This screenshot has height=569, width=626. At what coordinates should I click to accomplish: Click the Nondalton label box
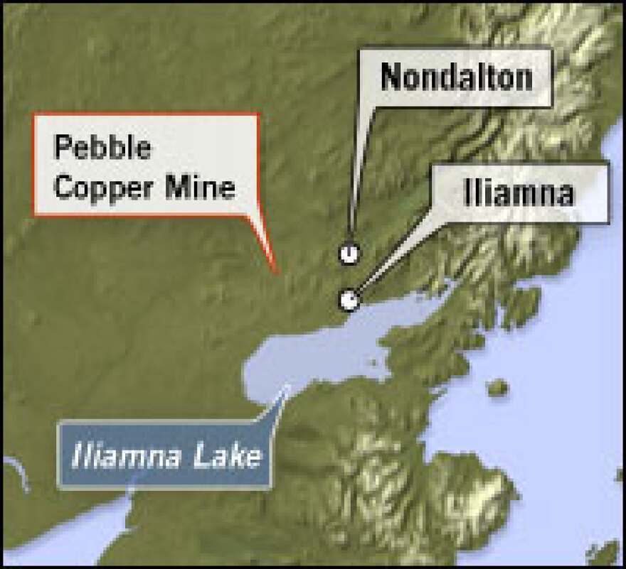coord(456,77)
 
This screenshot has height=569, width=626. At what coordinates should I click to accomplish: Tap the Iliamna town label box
coord(519,192)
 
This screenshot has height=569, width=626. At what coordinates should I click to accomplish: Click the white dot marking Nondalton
coord(349,252)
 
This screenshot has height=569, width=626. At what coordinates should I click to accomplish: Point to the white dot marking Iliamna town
coord(348,300)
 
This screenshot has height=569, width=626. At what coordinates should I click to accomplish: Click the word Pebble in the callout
coord(103,148)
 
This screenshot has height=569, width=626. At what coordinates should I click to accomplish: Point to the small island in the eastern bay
coord(498,387)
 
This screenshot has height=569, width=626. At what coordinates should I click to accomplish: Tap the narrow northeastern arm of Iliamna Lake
coord(427,298)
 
